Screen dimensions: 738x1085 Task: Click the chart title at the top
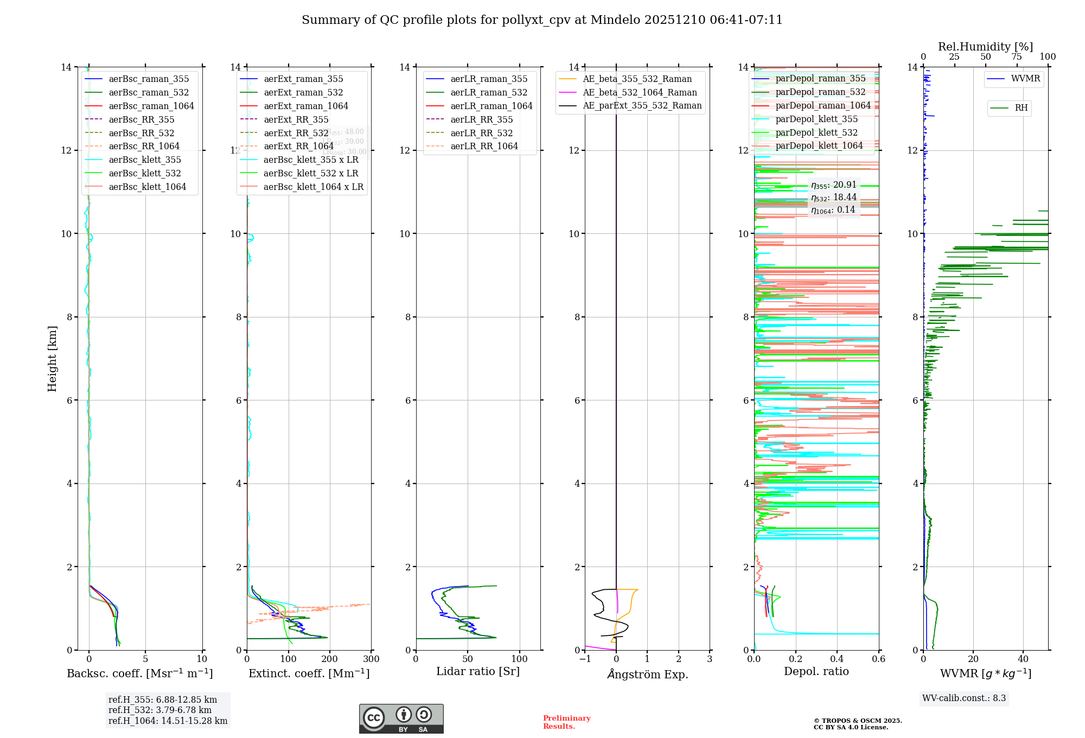click(542, 20)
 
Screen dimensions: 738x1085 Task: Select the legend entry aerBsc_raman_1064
click(151, 106)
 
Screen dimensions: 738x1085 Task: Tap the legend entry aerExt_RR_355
click(296, 119)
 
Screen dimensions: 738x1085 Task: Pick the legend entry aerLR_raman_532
click(488, 92)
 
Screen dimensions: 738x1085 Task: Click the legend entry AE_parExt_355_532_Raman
click(642, 105)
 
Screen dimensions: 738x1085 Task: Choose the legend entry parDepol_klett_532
click(816, 132)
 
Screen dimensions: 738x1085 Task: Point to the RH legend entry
click(1021, 108)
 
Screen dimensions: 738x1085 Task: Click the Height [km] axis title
click(52, 358)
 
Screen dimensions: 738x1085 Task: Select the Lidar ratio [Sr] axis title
click(477, 671)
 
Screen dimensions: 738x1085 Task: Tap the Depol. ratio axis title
click(816, 671)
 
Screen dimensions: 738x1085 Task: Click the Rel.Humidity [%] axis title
click(985, 47)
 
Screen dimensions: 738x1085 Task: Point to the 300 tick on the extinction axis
click(371, 659)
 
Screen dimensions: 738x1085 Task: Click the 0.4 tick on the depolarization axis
click(837, 659)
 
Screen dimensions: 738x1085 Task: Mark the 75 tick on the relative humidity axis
click(1017, 57)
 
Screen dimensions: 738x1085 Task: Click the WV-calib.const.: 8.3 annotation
click(964, 698)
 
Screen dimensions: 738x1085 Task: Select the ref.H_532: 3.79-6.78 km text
click(159, 710)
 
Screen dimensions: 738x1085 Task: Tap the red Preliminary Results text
click(566, 722)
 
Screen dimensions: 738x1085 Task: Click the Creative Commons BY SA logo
click(401, 718)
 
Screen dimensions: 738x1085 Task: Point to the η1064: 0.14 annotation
click(833, 210)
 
